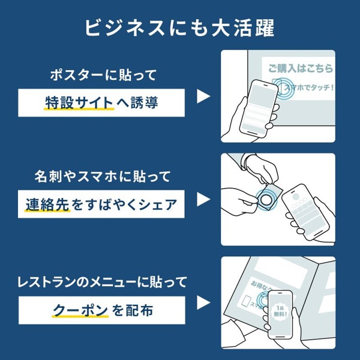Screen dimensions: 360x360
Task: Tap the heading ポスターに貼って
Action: (103, 75)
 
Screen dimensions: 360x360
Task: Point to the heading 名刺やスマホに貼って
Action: (103, 177)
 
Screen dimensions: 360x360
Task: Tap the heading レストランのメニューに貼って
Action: (103, 280)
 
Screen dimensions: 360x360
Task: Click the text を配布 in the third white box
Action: (133, 309)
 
